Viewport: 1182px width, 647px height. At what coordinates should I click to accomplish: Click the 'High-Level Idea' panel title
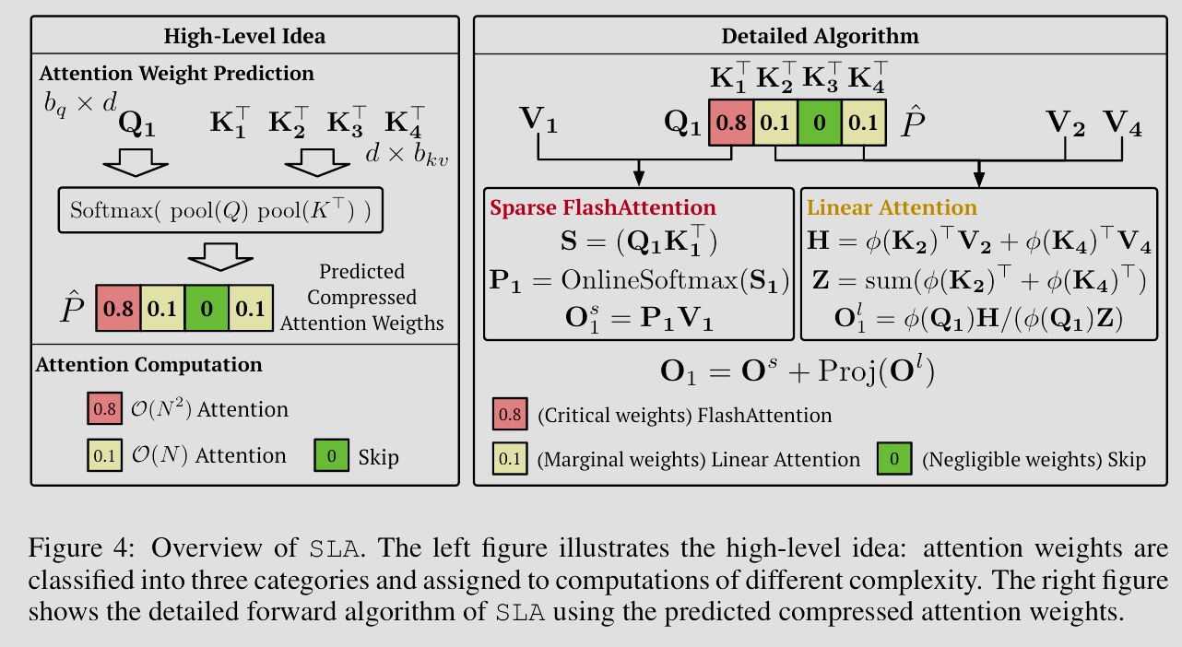pyautogui.click(x=244, y=37)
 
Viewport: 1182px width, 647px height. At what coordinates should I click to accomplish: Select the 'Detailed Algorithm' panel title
pyautogui.click(x=820, y=37)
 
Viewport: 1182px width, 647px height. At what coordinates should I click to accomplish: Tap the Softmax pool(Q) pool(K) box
pyautogui.click(x=220, y=211)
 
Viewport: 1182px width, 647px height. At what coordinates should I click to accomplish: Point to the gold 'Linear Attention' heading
pyautogui.click(x=892, y=207)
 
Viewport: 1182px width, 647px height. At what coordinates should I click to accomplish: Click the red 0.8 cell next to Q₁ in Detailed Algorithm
pyautogui.click(x=730, y=124)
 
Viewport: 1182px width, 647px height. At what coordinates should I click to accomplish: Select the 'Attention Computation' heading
pyautogui.click(x=148, y=364)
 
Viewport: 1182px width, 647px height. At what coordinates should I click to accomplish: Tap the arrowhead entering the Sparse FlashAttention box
pyautogui.click(x=637, y=179)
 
